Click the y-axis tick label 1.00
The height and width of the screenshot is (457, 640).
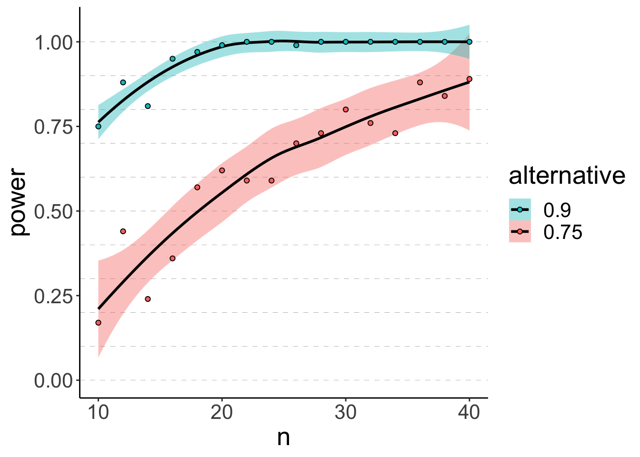coord(53,42)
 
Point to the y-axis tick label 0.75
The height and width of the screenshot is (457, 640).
coord(53,127)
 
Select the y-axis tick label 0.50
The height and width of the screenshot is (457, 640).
coord(53,211)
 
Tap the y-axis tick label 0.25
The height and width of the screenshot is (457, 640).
coord(53,296)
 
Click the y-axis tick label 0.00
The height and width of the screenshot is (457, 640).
coord(53,381)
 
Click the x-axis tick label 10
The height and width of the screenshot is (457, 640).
coord(98,413)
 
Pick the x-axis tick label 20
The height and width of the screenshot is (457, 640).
coord(222,413)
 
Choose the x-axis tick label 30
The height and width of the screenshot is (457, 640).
coord(346,413)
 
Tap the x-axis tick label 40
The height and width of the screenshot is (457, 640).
coord(470,413)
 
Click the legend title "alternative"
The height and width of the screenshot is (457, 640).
coord(567,176)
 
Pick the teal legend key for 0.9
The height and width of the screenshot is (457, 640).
coord(520,209)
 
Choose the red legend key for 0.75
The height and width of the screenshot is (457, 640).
coord(520,232)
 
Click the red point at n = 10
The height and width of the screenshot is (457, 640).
coord(98,323)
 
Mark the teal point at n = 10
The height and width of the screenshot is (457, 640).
coord(98,127)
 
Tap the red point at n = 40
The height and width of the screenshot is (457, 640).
coord(470,79)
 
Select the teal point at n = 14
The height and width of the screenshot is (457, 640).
coord(148,106)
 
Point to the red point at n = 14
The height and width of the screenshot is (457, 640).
coord(148,299)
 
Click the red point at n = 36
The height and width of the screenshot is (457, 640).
coord(420,82)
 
